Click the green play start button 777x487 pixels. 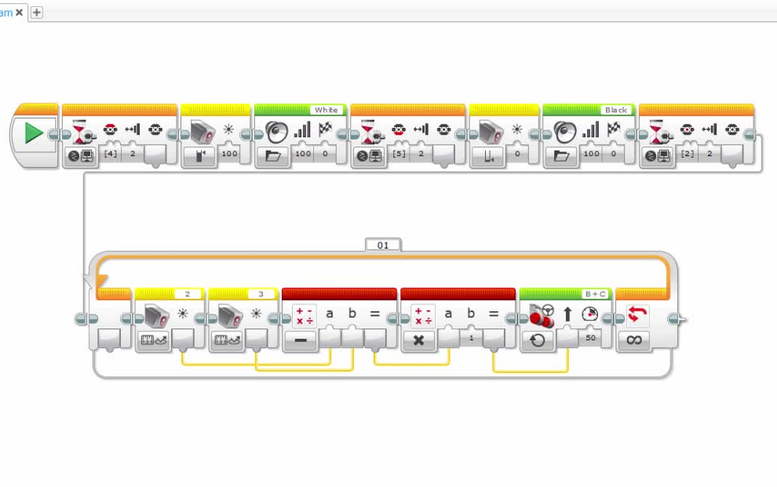click(33, 133)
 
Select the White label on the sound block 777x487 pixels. click(326, 110)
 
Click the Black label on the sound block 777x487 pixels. click(615, 110)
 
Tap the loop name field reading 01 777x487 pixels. click(383, 245)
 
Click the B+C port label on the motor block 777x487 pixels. click(596, 294)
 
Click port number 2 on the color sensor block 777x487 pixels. click(188, 294)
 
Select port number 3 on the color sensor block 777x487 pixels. click(261, 294)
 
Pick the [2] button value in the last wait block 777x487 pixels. click(688, 154)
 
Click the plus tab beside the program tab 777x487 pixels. click(37, 12)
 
